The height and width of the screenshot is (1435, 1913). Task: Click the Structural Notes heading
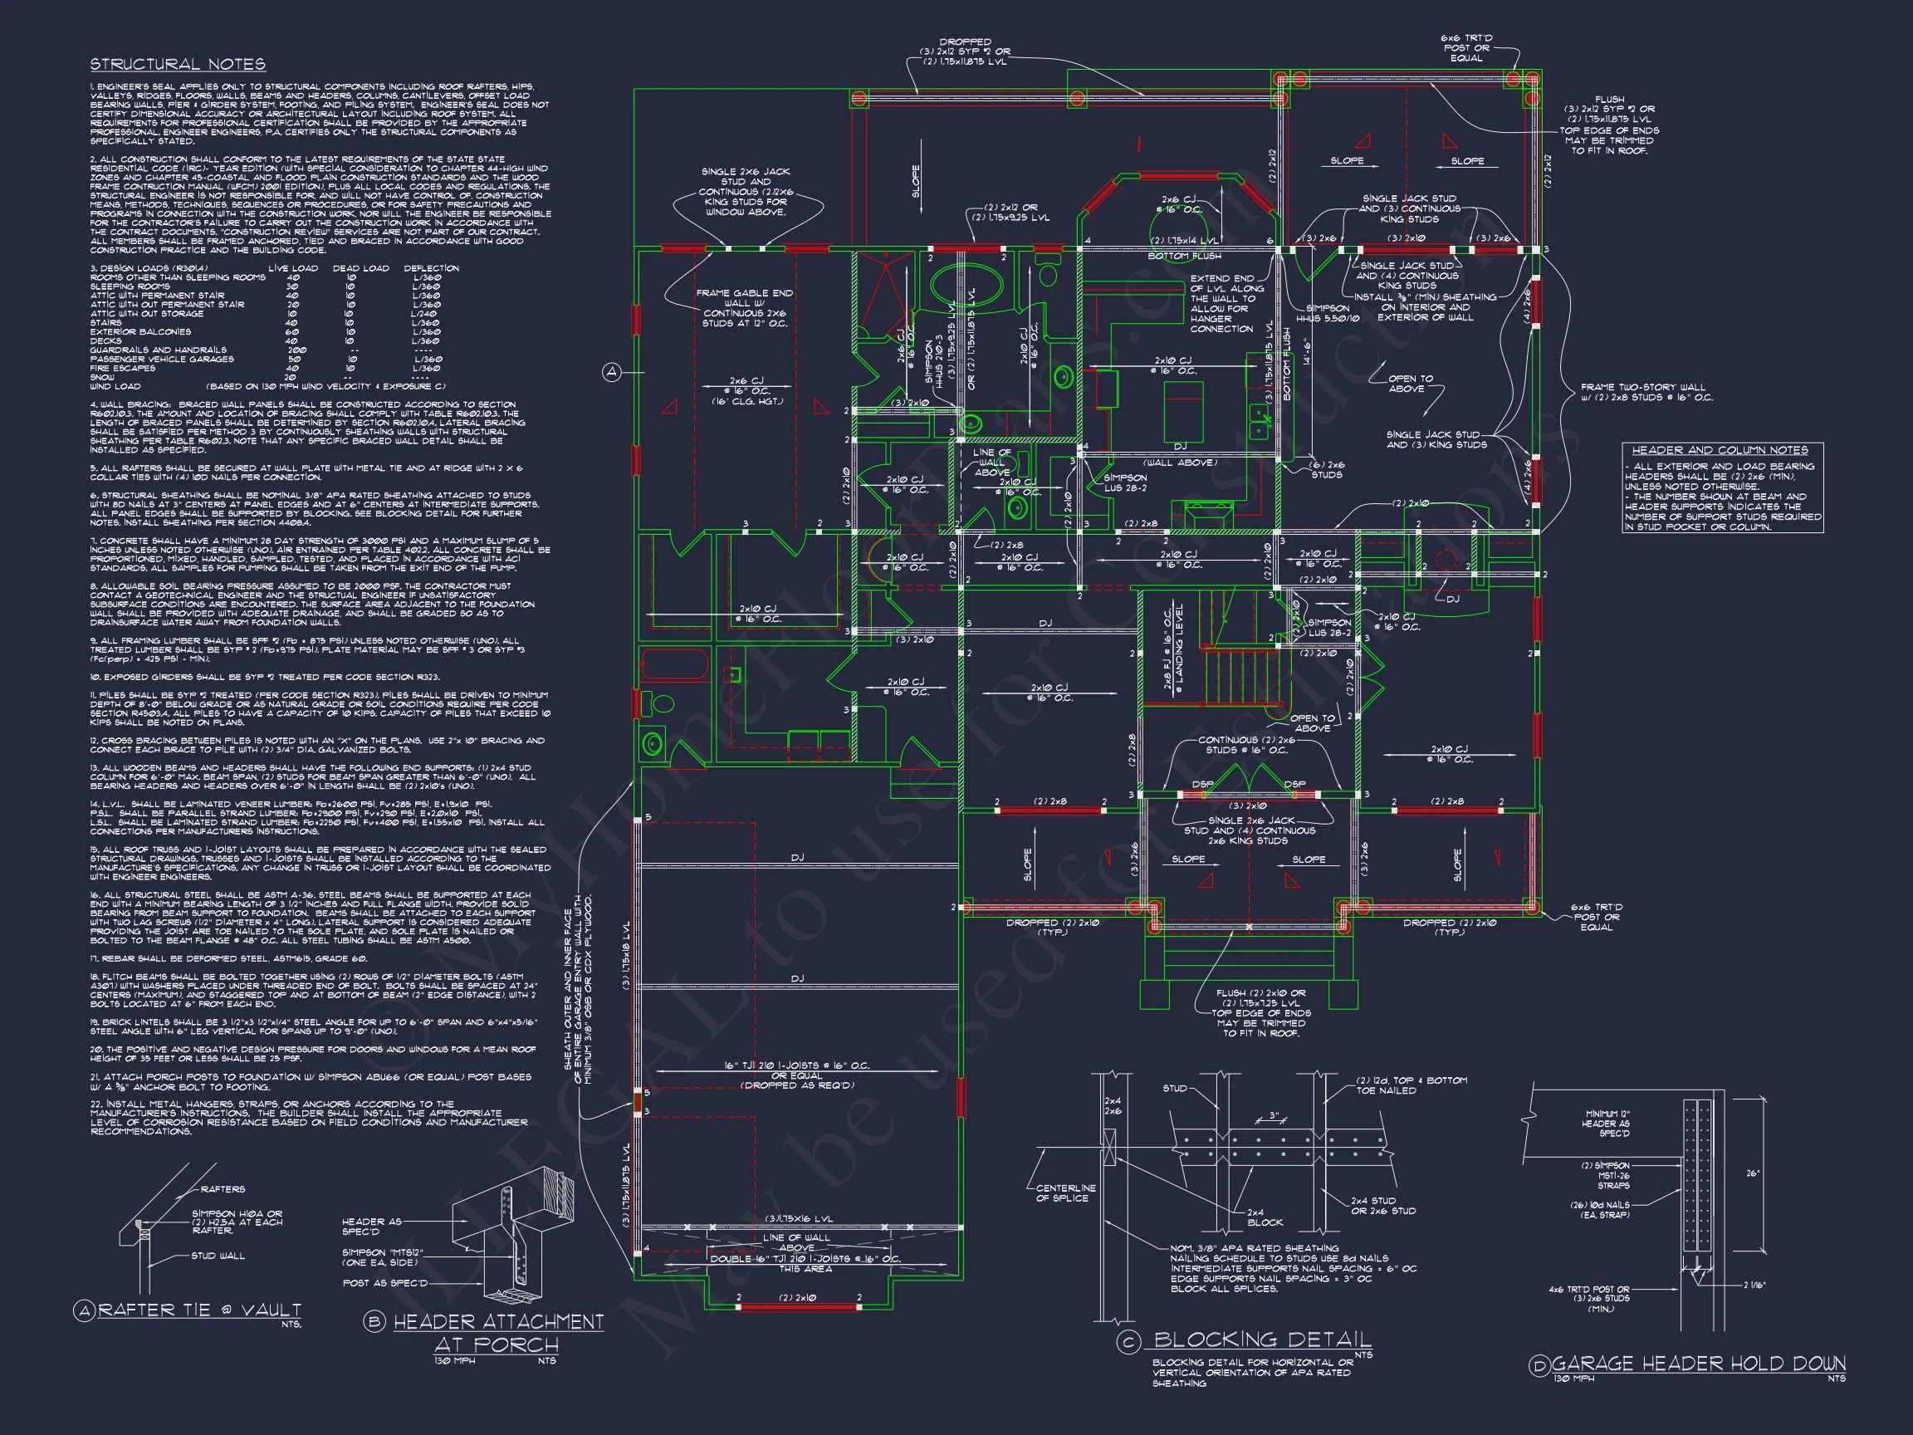point(178,64)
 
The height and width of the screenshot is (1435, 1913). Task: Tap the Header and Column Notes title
point(1721,450)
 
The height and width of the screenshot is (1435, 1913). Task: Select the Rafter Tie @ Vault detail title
point(199,1310)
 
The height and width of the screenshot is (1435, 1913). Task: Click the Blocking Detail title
point(1262,1339)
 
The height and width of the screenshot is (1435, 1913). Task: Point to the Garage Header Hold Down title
point(1699,1364)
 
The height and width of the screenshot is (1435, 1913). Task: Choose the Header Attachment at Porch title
point(497,1332)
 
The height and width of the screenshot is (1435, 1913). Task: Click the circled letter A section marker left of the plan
point(611,372)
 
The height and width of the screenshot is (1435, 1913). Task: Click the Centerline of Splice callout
point(1065,1193)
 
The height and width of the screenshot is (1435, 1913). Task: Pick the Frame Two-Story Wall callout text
point(1646,393)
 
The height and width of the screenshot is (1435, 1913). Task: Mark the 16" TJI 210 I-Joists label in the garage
point(796,1065)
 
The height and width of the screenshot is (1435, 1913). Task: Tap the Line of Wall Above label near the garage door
point(796,1242)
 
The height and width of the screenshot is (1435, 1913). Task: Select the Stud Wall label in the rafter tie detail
point(218,1255)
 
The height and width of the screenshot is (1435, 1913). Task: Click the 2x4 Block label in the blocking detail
point(1265,1217)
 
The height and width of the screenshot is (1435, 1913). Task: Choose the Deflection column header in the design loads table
point(431,268)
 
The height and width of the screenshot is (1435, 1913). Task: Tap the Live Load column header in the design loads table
point(292,268)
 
